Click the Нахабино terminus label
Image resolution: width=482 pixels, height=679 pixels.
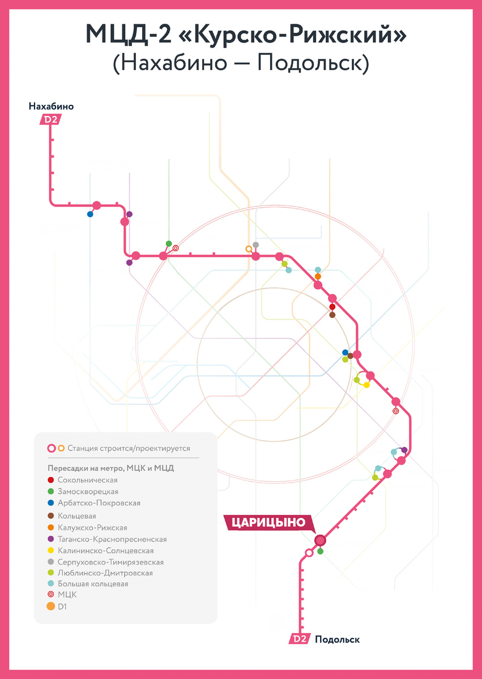pyautogui.click(x=51, y=106)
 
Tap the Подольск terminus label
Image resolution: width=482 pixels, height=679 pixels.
pyautogui.click(x=337, y=639)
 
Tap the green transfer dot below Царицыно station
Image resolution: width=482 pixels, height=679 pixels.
pyautogui.click(x=320, y=551)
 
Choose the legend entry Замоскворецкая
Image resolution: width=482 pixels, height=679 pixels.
pyautogui.click(x=88, y=492)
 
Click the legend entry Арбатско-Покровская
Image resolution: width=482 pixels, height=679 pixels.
pyautogui.click(x=99, y=503)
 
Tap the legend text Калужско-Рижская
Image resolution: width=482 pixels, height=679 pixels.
pyautogui.click(x=92, y=527)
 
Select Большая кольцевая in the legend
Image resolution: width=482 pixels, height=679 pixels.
pyautogui.click(x=93, y=584)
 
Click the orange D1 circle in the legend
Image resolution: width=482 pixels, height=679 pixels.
pyautogui.click(x=51, y=607)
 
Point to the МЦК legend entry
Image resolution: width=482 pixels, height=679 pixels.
pyautogui.click(x=67, y=595)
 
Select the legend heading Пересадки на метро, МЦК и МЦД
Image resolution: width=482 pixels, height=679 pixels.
pyautogui.click(x=110, y=468)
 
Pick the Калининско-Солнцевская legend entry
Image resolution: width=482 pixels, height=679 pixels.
pyautogui.click(x=105, y=551)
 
